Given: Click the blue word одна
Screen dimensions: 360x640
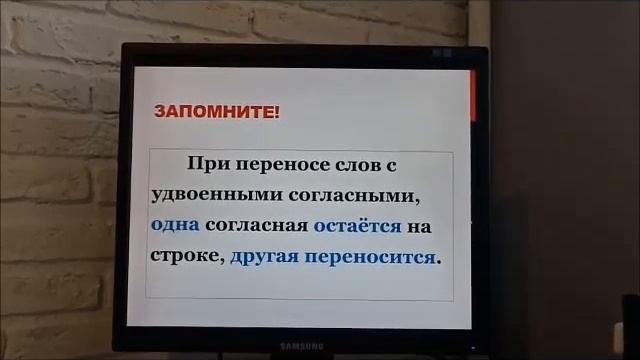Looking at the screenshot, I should tap(174, 225).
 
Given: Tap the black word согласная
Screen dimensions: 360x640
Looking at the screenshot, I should tap(257, 225).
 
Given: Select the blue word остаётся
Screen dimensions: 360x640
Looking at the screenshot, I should tap(357, 225).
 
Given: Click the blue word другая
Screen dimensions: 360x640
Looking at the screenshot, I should tap(265, 256).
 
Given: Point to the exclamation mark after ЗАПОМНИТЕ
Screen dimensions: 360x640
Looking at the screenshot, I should tap(278, 110).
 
